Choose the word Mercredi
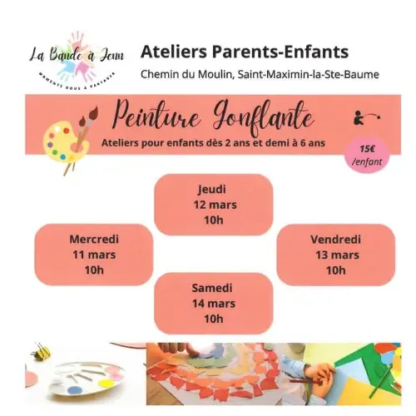point(93,239)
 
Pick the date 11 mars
point(93,255)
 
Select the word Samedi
point(213,287)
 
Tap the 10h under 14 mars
point(213,319)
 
